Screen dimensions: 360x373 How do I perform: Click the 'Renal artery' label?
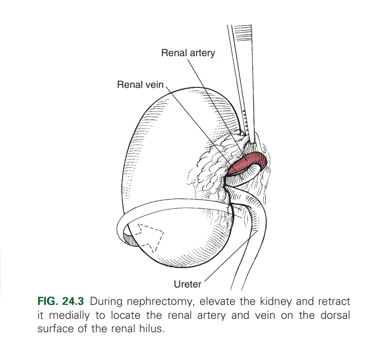pos(188,53)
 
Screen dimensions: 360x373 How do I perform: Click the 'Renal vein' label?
pos(140,85)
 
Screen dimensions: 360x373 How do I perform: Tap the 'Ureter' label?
pos(187,285)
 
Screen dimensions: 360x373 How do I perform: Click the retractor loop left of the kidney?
pos(122,233)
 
